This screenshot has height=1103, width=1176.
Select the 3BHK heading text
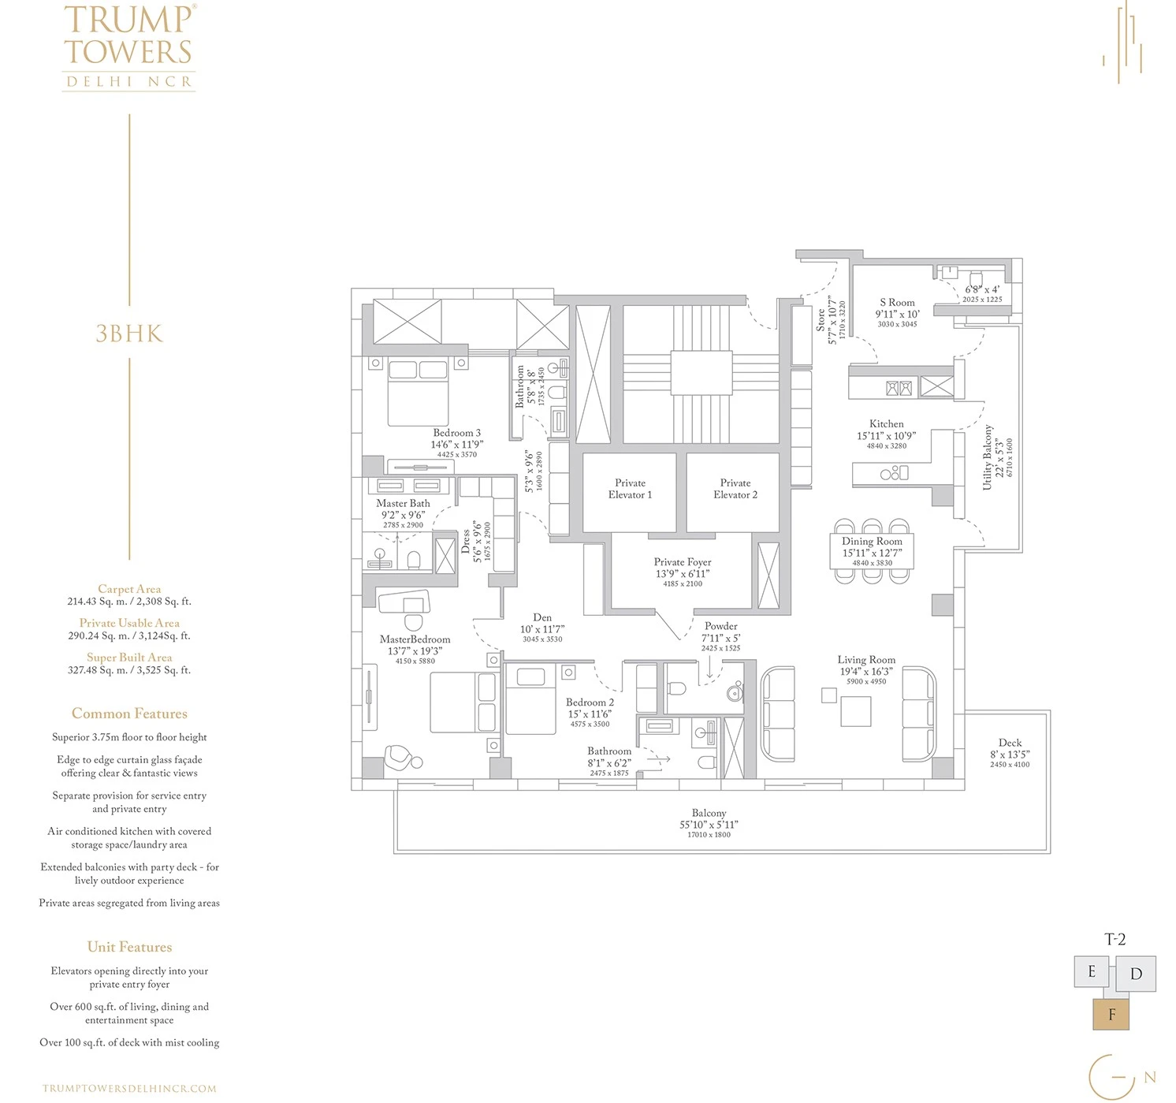coord(129,334)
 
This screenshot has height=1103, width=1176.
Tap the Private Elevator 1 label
coord(630,489)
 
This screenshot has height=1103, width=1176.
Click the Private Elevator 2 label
coord(735,489)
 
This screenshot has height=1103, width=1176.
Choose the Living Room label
coord(866,660)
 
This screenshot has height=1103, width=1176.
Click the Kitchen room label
coord(887,424)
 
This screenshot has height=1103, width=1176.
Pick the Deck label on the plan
coord(1010,743)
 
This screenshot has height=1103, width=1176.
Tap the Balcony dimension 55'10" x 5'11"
coord(709,825)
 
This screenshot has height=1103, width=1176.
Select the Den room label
coord(542,618)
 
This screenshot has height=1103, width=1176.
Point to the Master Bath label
coord(403,503)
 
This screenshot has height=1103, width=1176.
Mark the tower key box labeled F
coord(1111,1014)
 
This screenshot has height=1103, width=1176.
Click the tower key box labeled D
coord(1136,974)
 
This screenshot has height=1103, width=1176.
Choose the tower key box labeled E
coord(1092,971)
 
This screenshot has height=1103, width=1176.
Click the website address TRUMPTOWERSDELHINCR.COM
coord(129,1088)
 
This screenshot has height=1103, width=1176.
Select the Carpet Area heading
coord(129,589)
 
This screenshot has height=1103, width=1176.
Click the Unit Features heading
coord(129,947)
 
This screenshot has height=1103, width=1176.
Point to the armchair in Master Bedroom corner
coord(403,758)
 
